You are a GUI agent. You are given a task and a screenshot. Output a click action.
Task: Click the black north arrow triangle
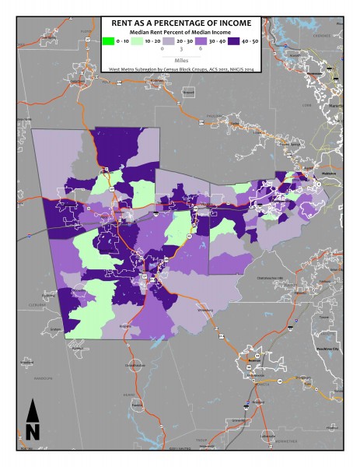[33, 410]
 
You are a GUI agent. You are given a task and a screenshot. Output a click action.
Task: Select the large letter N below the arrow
[33, 430]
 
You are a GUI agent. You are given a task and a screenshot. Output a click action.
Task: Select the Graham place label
[53, 329]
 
